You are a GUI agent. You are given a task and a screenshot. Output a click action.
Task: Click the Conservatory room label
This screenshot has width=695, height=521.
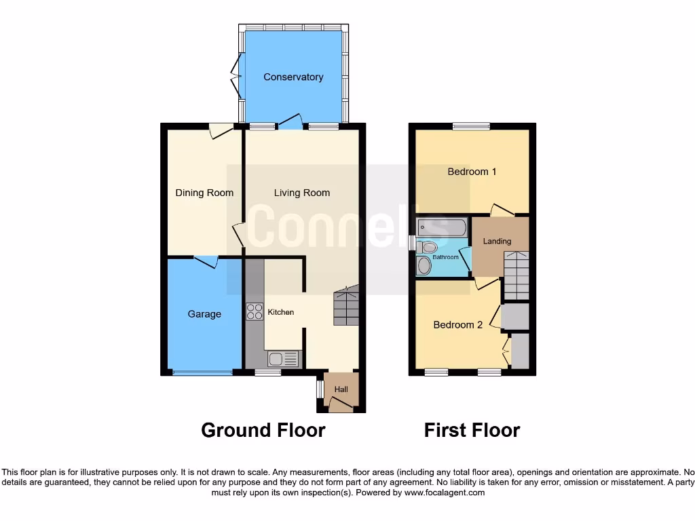(x=293, y=77)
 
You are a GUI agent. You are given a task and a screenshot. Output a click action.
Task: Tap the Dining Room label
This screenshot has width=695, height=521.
(x=204, y=193)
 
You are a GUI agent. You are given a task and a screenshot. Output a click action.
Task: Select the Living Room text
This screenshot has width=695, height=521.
(x=302, y=193)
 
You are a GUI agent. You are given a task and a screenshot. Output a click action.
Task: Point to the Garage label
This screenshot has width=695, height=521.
(x=204, y=314)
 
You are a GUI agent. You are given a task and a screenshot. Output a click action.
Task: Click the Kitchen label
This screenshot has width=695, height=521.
(x=281, y=312)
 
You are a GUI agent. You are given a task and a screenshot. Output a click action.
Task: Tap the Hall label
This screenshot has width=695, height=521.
(x=341, y=389)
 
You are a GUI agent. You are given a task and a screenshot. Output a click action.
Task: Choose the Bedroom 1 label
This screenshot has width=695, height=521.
(x=472, y=172)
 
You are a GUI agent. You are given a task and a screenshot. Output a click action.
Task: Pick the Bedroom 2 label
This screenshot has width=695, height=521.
(x=458, y=325)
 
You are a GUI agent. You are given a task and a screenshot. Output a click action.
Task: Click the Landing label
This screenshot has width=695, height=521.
(x=497, y=242)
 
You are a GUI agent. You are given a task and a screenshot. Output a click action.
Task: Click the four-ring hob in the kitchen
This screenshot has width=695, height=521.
(x=255, y=312)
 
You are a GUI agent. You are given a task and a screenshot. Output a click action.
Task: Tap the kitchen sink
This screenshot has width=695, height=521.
(x=281, y=359)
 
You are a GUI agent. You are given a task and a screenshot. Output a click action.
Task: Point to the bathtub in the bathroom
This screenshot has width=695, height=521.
(x=442, y=227)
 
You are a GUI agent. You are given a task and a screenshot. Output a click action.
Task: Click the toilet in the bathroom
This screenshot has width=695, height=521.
(x=426, y=246)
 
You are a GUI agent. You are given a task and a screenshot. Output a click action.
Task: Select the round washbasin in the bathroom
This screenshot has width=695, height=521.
(x=425, y=266)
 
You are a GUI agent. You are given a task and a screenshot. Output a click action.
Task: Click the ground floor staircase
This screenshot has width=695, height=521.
(x=346, y=307)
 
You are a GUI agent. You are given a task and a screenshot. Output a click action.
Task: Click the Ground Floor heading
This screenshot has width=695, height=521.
(x=263, y=430)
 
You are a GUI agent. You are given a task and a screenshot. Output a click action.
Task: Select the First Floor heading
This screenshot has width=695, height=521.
(x=472, y=430)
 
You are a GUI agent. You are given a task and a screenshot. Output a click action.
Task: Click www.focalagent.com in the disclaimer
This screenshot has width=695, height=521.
(x=444, y=493)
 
